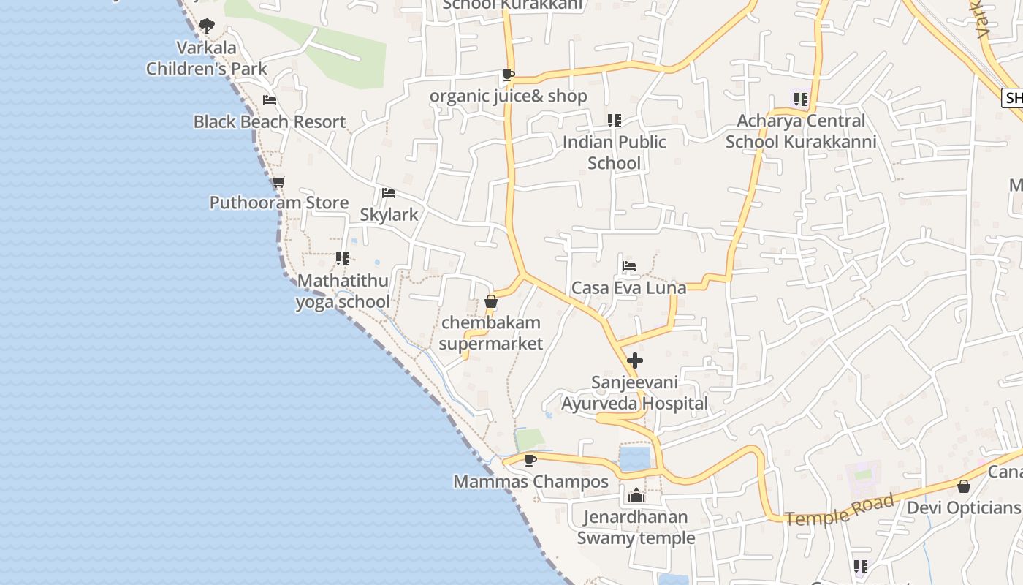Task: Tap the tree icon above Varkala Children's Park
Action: click(207, 27)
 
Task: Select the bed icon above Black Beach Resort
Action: click(270, 100)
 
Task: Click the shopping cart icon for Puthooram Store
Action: click(278, 181)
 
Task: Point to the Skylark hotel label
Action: click(389, 214)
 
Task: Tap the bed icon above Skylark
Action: click(389, 193)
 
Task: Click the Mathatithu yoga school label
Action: click(343, 291)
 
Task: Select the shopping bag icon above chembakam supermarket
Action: click(491, 301)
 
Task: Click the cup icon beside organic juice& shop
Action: click(509, 75)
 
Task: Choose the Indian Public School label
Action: click(614, 152)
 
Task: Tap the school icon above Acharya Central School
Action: click(800, 99)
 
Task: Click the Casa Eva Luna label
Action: click(628, 287)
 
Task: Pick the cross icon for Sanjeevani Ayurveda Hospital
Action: click(635, 361)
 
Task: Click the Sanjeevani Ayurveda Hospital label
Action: click(634, 393)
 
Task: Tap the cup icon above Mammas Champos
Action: click(530, 460)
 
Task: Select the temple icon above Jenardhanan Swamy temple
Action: click(636, 495)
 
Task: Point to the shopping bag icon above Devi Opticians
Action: click(964, 486)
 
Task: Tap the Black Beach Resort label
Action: click(269, 121)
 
